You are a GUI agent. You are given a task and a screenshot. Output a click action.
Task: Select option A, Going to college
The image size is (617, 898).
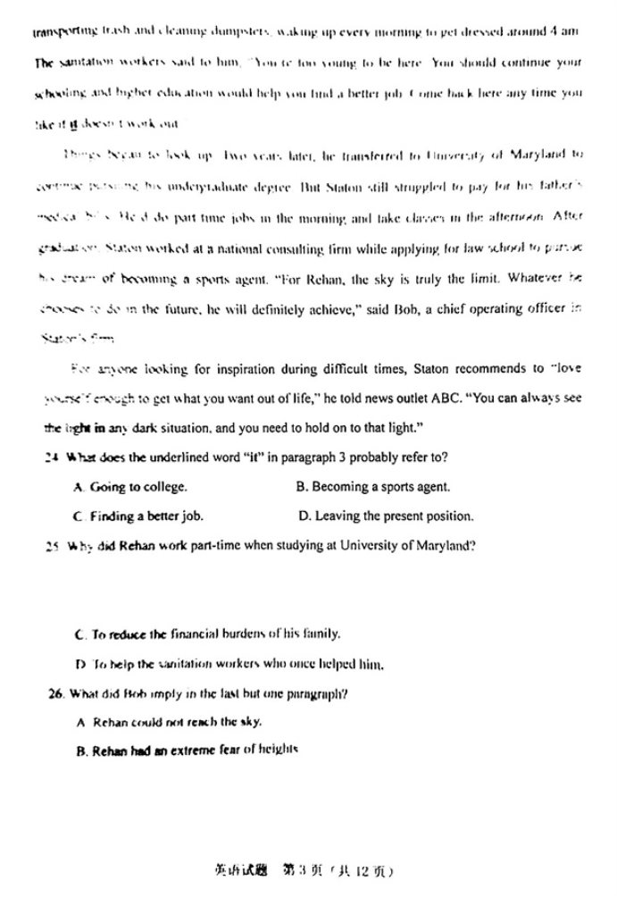(131, 487)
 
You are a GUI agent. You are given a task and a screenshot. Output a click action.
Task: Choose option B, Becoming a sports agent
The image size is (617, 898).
(372, 487)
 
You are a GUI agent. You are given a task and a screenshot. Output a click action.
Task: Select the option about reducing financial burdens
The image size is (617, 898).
(209, 634)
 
